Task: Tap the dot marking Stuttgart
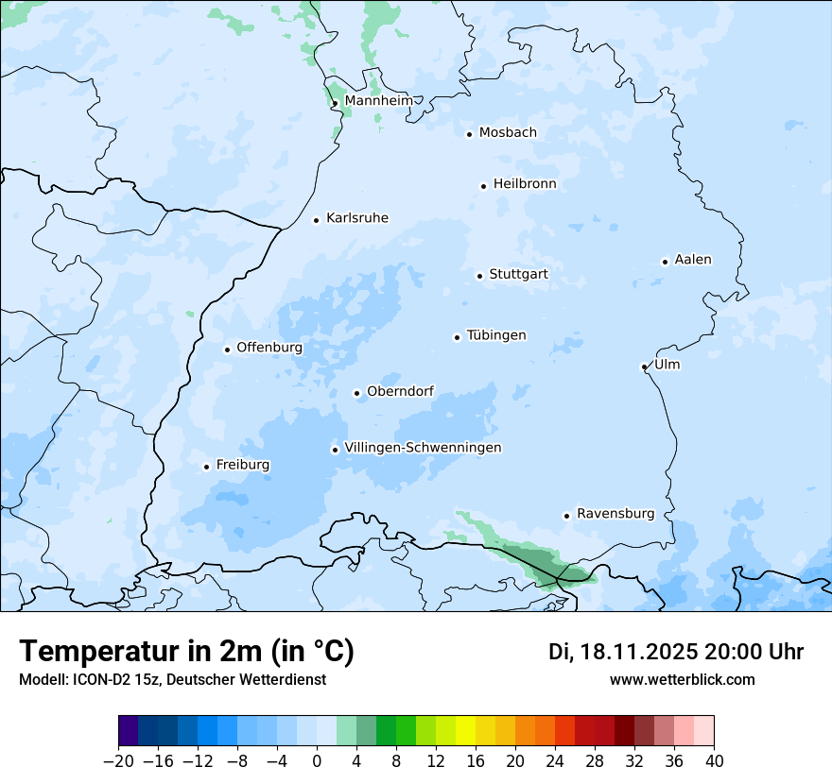click(479, 276)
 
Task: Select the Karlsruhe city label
click(356, 218)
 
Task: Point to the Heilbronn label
click(525, 184)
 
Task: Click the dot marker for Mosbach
click(469, 134)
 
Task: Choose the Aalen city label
click(693, 260)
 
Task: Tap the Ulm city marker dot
click(644, 366)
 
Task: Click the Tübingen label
click(496, 335)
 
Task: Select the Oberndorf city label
click(400, 391)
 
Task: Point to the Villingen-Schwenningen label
click(423, 448)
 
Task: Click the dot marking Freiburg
click(206, 467)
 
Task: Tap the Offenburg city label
click(269, 348)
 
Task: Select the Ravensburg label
click(615, 514)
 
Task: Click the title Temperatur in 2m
click(186, 652)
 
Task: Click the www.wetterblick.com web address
click(682, 679)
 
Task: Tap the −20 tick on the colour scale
click(119, 761)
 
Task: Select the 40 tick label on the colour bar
click(714, 761)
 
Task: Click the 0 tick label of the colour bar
click(317, 761)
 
